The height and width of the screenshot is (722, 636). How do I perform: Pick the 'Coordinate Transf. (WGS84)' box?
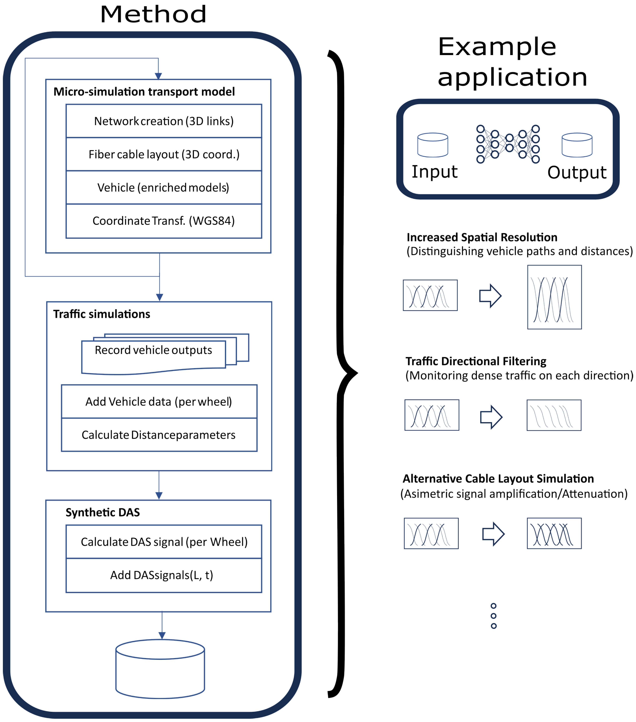click(164, 221)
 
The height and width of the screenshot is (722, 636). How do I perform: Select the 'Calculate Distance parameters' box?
click(159, 435)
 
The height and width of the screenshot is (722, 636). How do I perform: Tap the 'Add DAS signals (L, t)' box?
click(164, 575)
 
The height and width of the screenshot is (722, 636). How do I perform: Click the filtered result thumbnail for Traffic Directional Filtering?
click(554, 415)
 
